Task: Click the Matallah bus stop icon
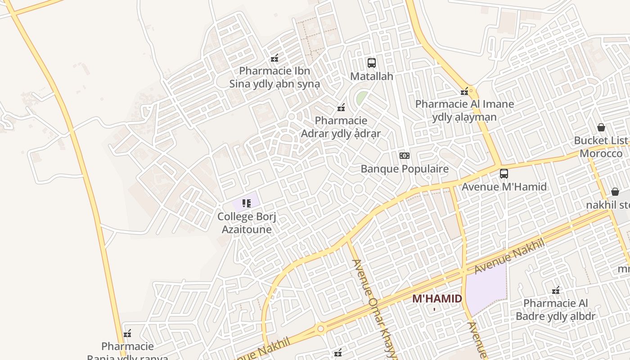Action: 371,63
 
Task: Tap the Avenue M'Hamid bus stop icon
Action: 504,174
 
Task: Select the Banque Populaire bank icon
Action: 405,156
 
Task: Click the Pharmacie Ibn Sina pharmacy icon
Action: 274,58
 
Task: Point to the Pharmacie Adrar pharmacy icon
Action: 341,108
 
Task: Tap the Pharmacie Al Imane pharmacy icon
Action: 464,92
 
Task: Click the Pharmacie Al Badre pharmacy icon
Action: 556,290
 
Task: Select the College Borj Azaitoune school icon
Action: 246,203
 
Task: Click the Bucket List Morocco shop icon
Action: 601,127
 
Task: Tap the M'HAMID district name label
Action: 437,299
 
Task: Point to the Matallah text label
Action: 372,76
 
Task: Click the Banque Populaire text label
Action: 405,169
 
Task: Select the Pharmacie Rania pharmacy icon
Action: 127,333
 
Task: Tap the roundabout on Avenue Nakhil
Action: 320,329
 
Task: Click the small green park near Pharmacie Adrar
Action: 361,98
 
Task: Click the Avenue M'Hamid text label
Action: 504,187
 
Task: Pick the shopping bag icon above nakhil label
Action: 615,192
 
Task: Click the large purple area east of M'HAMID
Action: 486,288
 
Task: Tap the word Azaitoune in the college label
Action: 247,229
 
